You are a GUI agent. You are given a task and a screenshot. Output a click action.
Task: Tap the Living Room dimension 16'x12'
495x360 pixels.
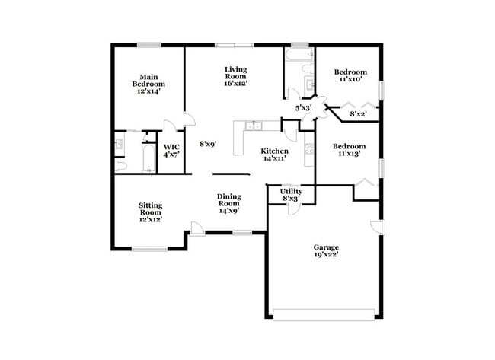[235, 83]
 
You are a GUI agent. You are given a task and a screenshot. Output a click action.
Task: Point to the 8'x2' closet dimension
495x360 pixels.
[358, 114]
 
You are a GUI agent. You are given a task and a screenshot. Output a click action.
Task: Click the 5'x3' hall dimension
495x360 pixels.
[304, 109]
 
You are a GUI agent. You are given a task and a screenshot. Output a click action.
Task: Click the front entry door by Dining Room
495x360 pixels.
[196, 228]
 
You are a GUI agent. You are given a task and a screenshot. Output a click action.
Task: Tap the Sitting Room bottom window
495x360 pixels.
[149, 248]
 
